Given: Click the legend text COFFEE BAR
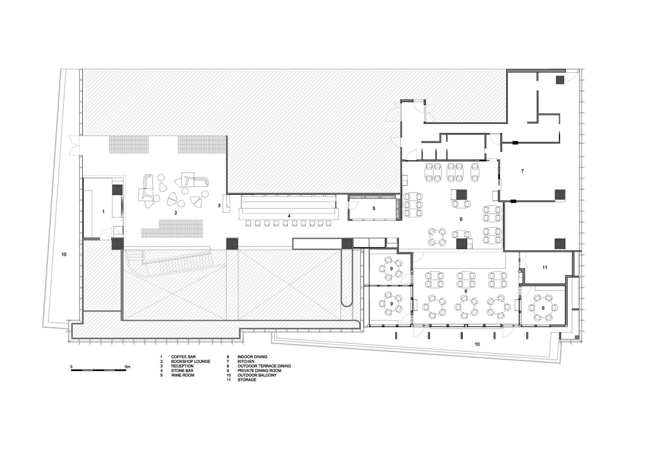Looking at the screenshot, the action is pos(183,357).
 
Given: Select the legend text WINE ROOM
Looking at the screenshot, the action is pos(183,375).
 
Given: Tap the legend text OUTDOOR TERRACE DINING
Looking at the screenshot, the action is pos(264,366).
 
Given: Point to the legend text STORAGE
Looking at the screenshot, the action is pos(247,380).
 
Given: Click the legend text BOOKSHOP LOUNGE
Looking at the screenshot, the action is pos(191,361).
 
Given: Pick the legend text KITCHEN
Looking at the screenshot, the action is pos(246,361).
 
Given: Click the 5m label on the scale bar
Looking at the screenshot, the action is pos(128,367).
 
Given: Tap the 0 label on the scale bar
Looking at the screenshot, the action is pos(71,367).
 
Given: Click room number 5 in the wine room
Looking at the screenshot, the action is pos(374,208).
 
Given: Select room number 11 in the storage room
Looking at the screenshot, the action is pos(545,267).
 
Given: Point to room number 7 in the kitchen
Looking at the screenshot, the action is pos(522,171).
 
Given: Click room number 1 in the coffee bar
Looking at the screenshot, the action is pos(104,211).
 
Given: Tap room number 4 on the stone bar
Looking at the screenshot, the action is pos(289,216).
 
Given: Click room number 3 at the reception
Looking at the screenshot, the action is pos(219,205).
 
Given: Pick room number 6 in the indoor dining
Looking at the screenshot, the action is pos(461,219).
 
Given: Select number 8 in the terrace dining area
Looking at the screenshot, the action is pos(466,291).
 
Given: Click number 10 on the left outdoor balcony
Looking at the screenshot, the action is pos(64,254).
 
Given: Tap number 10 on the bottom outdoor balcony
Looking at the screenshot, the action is pos(477,344).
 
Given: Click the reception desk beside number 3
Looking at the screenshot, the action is pos(226,203).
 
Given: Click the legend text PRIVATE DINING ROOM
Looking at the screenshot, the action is pos(259,370).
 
